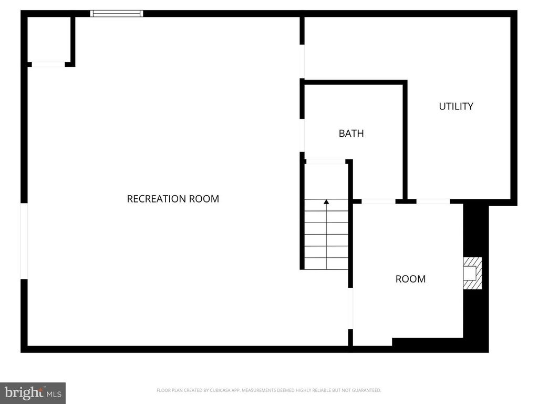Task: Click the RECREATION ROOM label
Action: (x=173, y=199)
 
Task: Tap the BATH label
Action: (x=351, y=134)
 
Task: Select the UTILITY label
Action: (x=456, y=106)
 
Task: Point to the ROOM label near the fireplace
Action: (x=410, y=279)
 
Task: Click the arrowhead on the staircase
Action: (x=326, y=202)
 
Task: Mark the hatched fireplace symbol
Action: (x=472, y=273)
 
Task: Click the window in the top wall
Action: (x=117, y=14)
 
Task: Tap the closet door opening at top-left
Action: (x=48, y=64)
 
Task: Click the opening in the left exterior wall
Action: (x=24, y=241)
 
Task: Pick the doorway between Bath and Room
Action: (x=378, y=201)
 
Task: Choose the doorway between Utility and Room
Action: (x=433, y=201)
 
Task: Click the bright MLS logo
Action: (x=33, y=392)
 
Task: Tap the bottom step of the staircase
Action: (x=326, y=264)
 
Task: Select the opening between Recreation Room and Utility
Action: (x=302, y=62)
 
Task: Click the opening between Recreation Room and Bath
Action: (x=302, y=135)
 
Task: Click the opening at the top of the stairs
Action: (x=325, y=161)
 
